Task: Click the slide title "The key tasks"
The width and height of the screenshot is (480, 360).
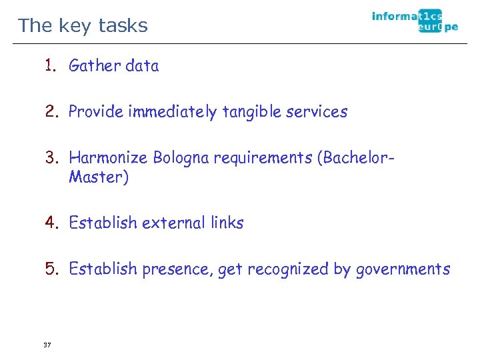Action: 83,25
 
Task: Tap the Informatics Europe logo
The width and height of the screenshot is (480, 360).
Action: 415,21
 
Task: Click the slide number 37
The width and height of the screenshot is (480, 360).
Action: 47,345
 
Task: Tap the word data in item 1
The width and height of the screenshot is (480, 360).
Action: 142,65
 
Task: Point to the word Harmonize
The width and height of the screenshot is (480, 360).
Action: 109,157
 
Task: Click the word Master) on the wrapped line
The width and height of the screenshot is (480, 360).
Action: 99,177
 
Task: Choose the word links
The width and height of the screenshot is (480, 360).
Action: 227,223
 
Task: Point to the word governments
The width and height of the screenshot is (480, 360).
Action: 403,269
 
